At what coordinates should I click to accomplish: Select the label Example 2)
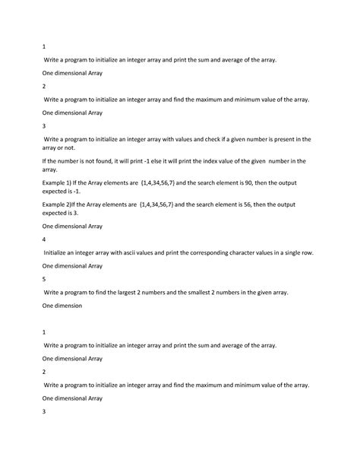pyautogui.click(x=57, y=204)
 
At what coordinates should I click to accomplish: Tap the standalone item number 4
pyautogui.click(x=44, y=238)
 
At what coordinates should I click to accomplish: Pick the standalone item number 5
pyautogui.click(x=44, y=279)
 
